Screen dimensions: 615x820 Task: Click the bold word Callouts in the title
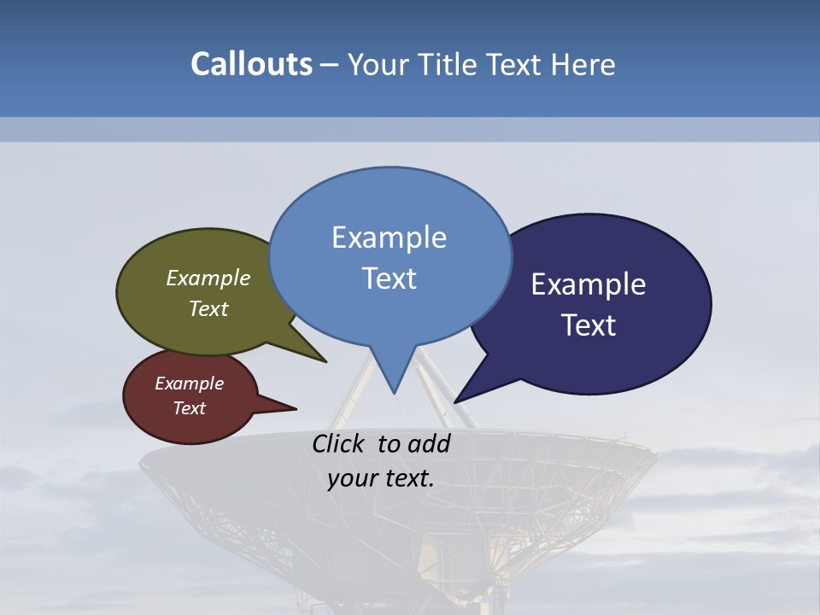[251, 64]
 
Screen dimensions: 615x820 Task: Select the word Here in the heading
[583, 65]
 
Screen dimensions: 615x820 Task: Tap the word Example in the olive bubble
[208, 278]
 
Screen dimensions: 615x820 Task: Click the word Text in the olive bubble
[208, 309]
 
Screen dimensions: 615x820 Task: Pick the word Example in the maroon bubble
[189, 384]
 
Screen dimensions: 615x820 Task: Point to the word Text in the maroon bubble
[189, 408]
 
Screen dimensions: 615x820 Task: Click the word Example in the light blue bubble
[389, 237]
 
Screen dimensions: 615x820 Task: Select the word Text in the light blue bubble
[389, 278]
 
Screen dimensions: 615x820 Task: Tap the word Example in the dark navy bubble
[589, 284]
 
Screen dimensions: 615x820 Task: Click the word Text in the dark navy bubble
[589, 325]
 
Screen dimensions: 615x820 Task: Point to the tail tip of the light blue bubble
[394, 392]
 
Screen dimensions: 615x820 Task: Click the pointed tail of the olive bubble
[324, 360]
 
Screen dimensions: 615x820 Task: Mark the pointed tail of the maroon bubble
[293, 409]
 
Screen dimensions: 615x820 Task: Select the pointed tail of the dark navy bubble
[457, 401]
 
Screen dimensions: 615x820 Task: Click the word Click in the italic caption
[340, 443]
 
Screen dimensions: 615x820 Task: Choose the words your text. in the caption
[381, 478]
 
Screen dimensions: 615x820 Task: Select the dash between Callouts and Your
[330, 65]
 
